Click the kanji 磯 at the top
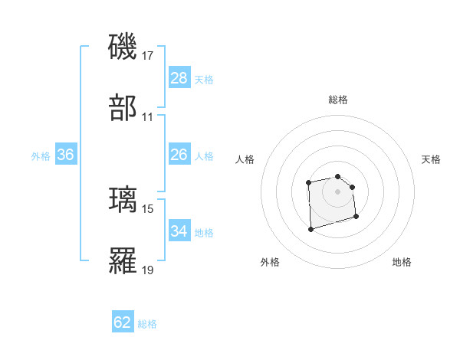[x=124, y=47]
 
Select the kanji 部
[x=124, y=108]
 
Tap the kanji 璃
[x=124, y=200]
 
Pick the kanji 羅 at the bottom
[x=124, y=260]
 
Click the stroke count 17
[x=148, y=56]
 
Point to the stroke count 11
[x=148, y=117]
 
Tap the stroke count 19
[x=148, y=270]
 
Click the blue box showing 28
[x=179, y=78]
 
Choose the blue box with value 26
[x=179, y=155]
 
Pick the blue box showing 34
[x=179, y=231]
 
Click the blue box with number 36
[x=66, y=155]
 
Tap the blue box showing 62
[x=123, y=322]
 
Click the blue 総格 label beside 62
[x=148, y=324]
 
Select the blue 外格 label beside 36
[x=41, y=156]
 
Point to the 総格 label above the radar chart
[x=338, y=100]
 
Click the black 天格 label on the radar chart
[x=432, y=159]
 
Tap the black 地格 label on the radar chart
[x=402, y=263]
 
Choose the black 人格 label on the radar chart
[x=245, y=159]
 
